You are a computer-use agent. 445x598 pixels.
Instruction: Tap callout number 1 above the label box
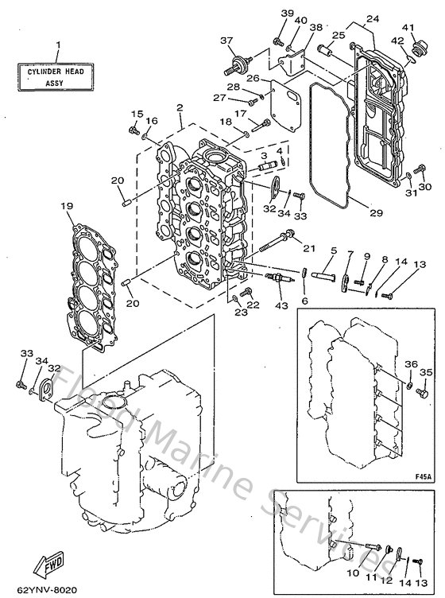point(57,45)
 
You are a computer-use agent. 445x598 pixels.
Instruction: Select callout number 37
point(226,41)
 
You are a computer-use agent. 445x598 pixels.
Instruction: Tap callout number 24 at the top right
point(373,18)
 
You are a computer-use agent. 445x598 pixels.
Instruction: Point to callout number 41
point(409,28)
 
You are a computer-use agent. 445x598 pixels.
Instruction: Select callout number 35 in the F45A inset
point(425,372)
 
